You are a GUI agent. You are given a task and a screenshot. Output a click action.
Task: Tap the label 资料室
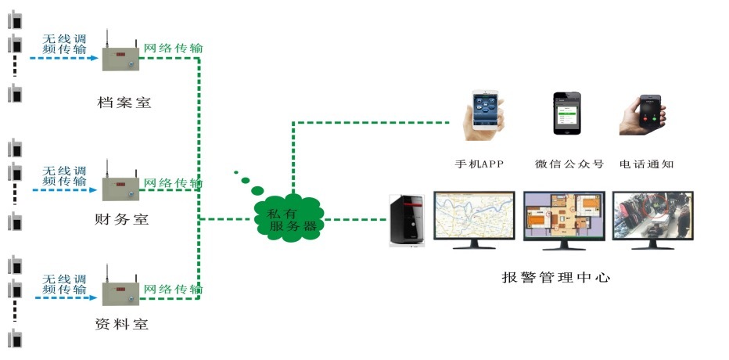[121, 324]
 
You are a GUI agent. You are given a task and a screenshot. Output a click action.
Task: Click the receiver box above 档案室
[121, 57]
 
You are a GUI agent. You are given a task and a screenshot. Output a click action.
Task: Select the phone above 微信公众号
[566, 114]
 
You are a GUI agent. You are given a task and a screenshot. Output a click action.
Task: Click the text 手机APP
[480, 164]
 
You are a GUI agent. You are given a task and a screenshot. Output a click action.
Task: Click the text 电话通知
[646, 164]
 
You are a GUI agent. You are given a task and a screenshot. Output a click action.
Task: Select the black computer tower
[408, 221]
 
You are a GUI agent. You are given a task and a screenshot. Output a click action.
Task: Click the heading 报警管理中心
[555, 277]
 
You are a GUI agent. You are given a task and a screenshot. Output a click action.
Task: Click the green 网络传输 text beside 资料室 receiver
[173, 290]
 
